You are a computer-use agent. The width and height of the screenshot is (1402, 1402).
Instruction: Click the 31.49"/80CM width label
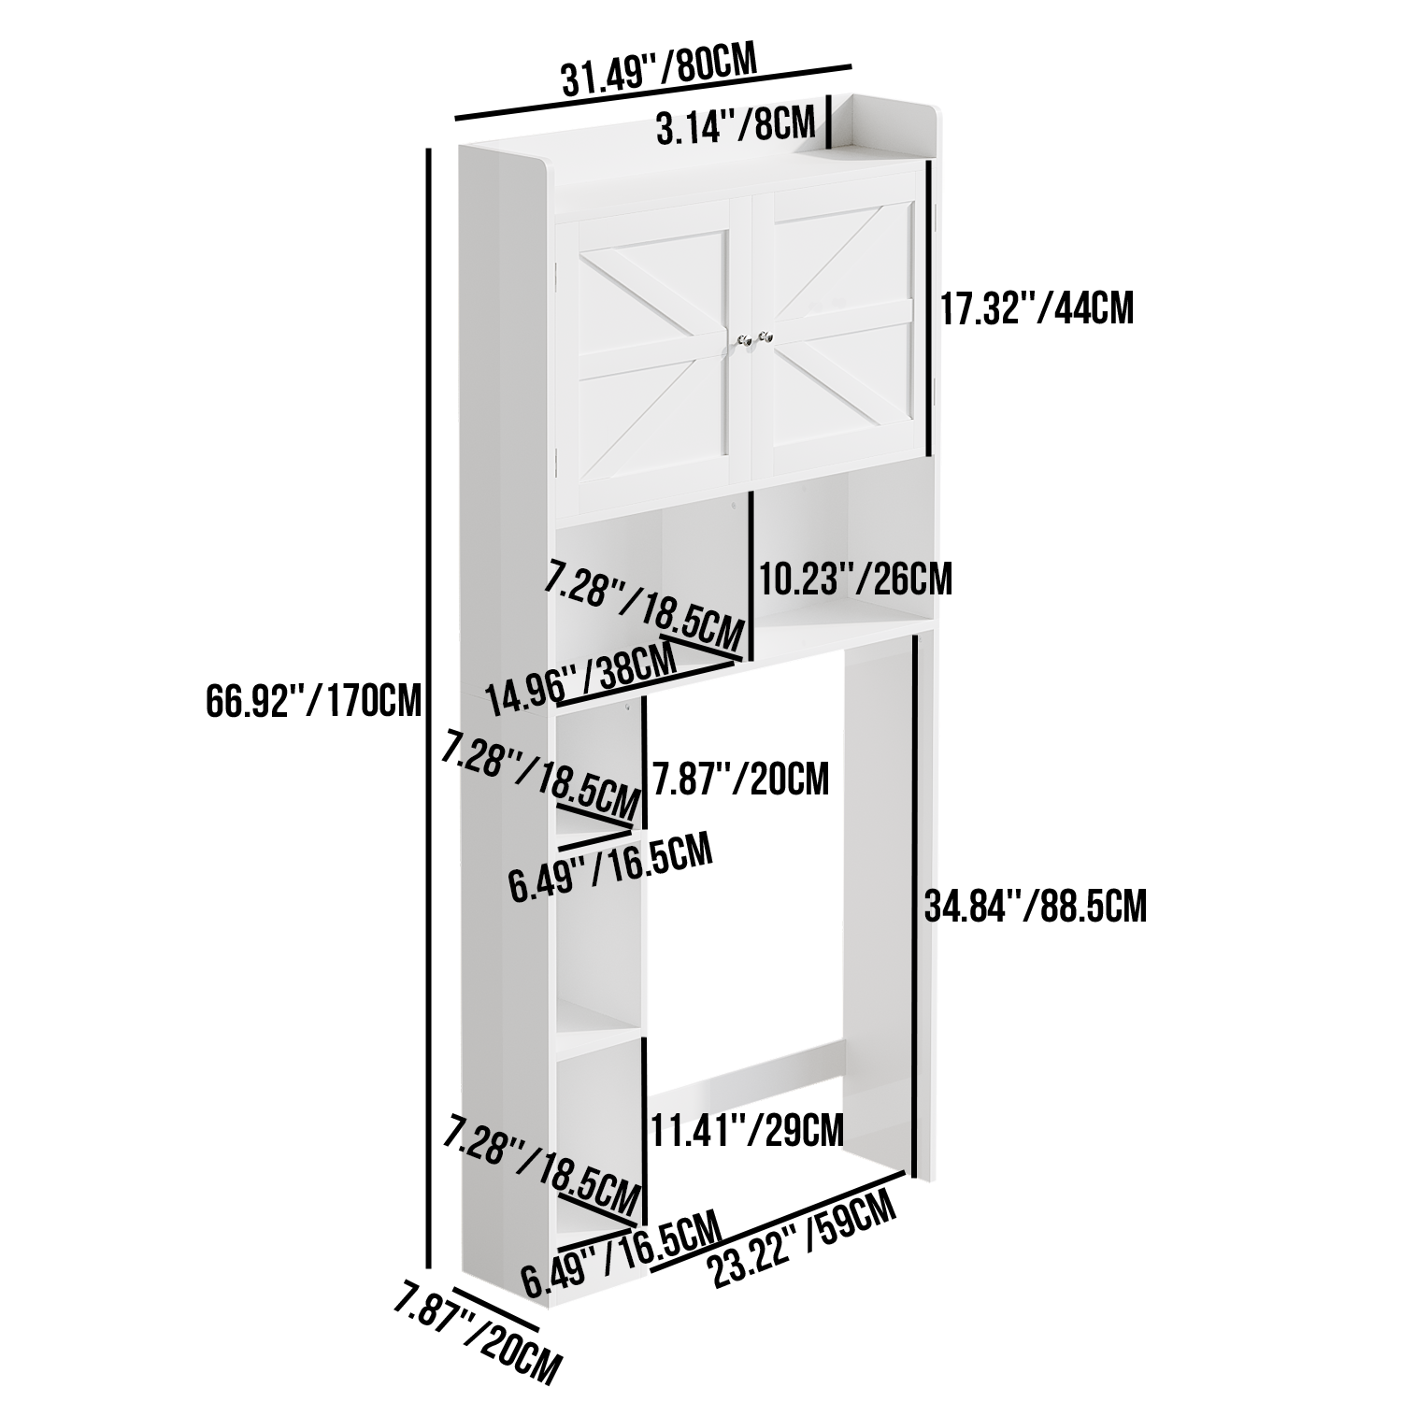pyautogui.click(x=658, y=69)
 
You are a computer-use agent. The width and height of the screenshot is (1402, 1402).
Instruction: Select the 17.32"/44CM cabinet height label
pyautogui.click(x=1037, y=308)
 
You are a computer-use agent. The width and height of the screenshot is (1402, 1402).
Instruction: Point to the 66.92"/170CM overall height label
pyautogui.click(x=315, y=699)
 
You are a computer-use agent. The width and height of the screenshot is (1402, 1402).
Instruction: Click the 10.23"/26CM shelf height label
pyautogui.click(x=855, y=579)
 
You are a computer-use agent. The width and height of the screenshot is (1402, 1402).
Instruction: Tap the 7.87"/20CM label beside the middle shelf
pyautogui.click(x=741, y=779)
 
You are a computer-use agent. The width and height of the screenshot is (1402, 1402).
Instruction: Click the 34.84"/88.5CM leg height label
pyautogui.click(x=1036, y=906)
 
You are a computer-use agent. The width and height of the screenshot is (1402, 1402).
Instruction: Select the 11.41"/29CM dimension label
pyautogui.click(x=747, y=1130)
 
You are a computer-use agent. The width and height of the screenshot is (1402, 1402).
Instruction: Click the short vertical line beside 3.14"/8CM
pyautogui.click(x=828, y=122)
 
